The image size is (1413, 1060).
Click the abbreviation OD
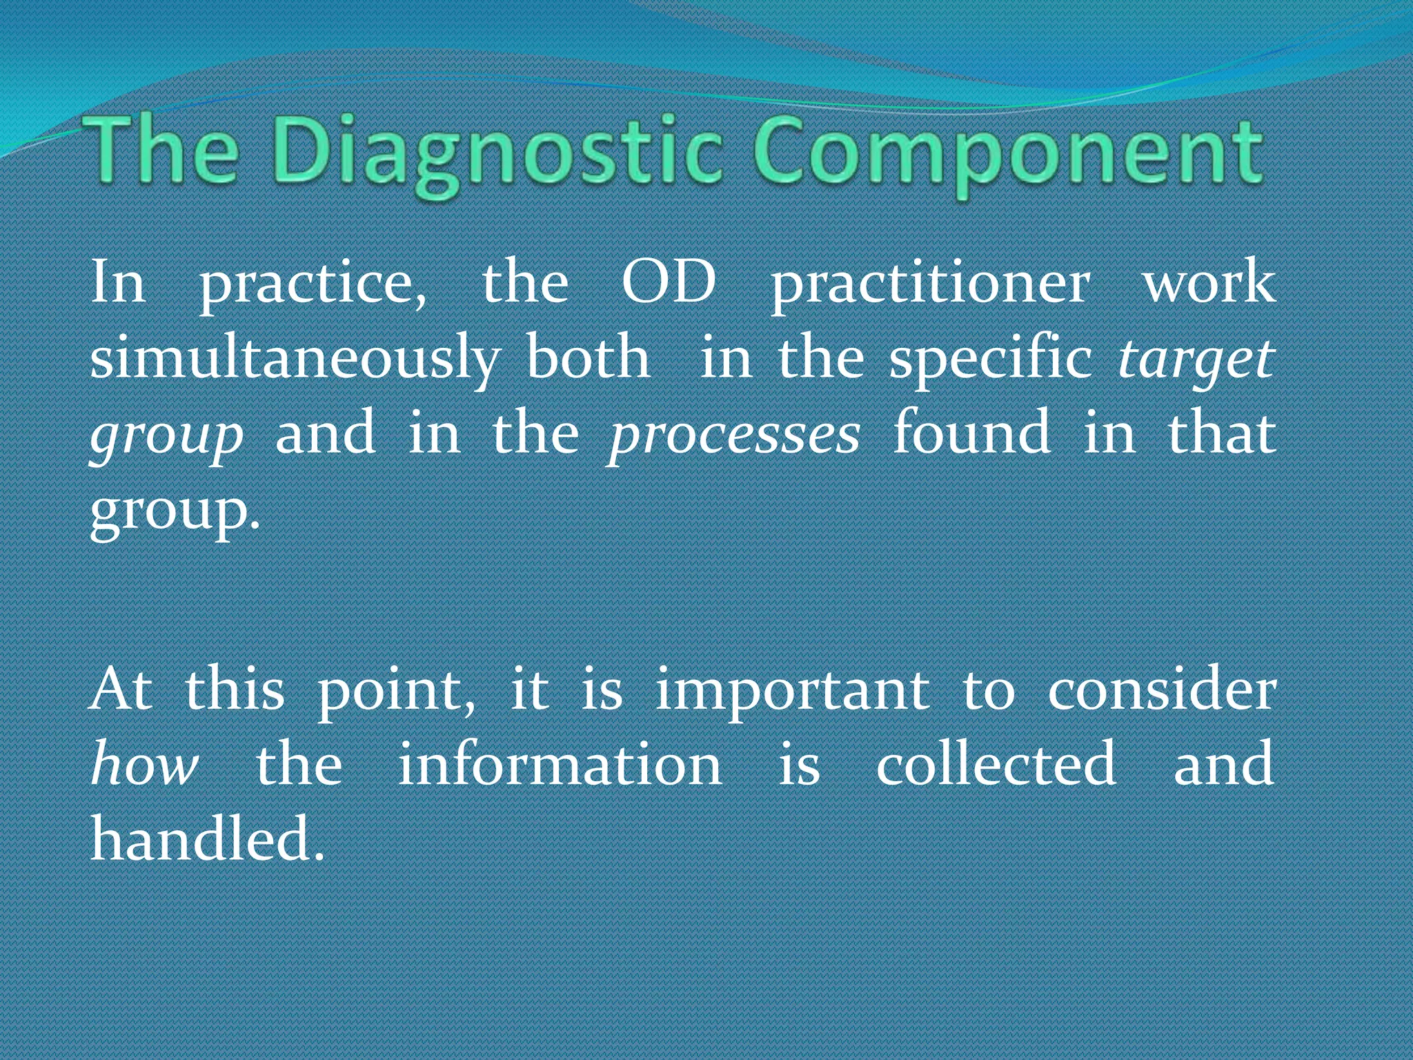(x=668, y=283)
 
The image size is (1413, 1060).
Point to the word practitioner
(x=930, y=285)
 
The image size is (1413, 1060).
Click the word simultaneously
(x=295, y=360)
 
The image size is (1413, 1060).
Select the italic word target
(x=1196, y=360)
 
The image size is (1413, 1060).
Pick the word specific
(x=990, y=360)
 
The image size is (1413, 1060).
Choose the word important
(x=791, y=691)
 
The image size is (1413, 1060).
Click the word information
(x=560, y=764)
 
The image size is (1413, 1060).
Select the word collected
(x=996, y=764)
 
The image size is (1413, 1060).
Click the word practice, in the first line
(x=313, y=285)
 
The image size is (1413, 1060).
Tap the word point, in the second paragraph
(x=396, y=691)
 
